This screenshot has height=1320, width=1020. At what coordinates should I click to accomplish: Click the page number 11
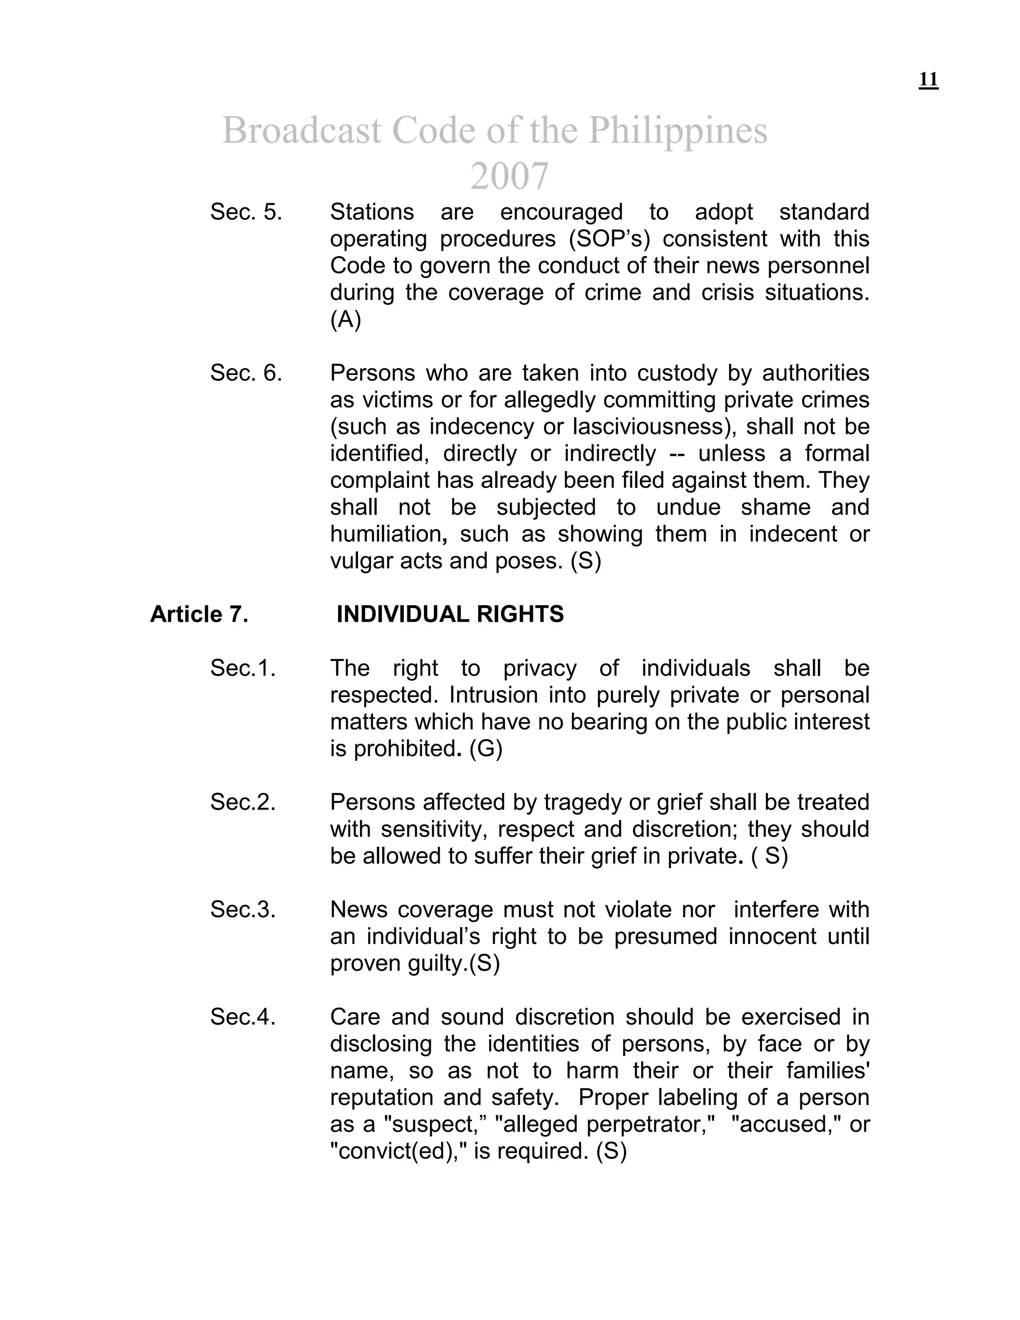pyautogui.click(x=928, y=80)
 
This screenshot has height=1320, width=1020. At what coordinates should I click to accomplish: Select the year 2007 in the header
pyautogui.click(x=509, y=176)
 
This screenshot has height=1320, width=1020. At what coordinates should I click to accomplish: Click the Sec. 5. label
pyautogui.click(x=246, y=212)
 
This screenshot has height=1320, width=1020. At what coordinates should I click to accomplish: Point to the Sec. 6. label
pyautogui.click(x=246, y=374)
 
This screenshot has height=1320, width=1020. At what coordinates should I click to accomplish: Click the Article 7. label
pyautogui.click(x=199, y=615)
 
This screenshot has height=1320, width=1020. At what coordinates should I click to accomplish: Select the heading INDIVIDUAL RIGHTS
pyautogui.click(x=450, y=615)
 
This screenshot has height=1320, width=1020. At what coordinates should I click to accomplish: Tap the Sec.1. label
pyautogui.click(x=243, y=668)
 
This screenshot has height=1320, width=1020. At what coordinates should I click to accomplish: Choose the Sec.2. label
pyautogui.click(x=243, y=802)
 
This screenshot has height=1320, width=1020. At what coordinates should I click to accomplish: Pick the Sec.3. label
pyautogui.click(x=243, y=910)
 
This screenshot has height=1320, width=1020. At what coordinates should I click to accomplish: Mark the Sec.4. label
pyautogui.click(x=243, y=1017)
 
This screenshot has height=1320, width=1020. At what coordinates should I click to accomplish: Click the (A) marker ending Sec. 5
pyautogui.click(x=345, y=320)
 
